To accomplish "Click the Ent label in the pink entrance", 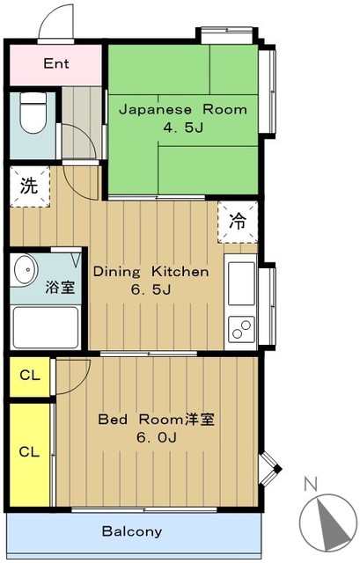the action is click(56, 63).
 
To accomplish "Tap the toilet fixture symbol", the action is click(33, 113).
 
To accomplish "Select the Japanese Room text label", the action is click(183, 109).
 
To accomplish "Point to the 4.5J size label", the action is click(184, 128).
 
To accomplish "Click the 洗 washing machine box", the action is click(29, 186).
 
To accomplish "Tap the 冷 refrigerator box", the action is click(238, 222).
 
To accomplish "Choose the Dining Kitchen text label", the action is click(151, 272).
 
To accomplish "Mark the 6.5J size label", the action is click(151, 289).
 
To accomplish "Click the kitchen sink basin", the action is click(241, 283).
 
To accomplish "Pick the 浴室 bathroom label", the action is click(60, 288).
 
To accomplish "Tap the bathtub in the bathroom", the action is click(46, 327).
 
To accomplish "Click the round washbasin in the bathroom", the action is click(26, 269).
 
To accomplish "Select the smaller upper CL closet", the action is click(30, 377).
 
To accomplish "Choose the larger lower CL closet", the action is click(29, 455).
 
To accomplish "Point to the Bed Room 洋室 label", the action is click(157, 420).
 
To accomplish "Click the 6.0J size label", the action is click(157, 438).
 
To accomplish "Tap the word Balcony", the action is click(132, 531).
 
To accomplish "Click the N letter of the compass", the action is click(311, 484).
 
